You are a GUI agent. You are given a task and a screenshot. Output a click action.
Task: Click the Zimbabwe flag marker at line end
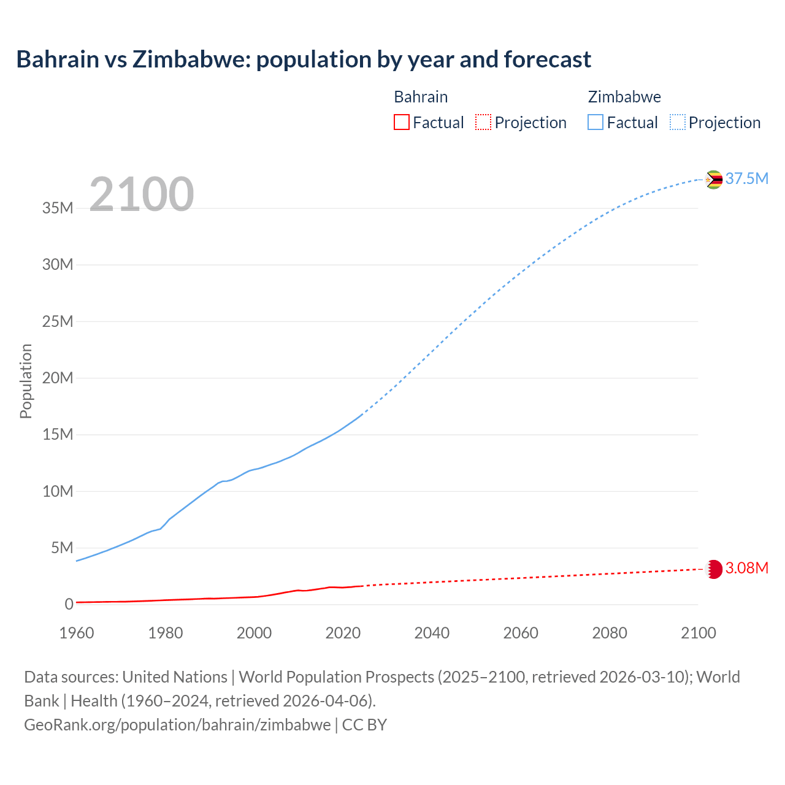[713, 180]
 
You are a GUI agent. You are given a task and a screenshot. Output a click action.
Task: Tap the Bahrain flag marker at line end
[714, 569]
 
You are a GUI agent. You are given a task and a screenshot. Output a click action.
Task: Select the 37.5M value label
[746, 178]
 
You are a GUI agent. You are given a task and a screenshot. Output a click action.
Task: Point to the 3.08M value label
[746, 568]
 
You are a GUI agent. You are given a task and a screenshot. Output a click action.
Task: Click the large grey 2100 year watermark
[142, 194]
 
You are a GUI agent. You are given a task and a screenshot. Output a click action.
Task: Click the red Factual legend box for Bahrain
[401, 123]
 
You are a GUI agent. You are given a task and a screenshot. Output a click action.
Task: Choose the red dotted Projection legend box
[483, 123]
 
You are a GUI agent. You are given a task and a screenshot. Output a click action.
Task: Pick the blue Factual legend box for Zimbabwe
[595, 123]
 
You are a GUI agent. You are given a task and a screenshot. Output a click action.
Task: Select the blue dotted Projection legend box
[677, 123]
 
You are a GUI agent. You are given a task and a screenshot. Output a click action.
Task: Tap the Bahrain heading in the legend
[421, 97]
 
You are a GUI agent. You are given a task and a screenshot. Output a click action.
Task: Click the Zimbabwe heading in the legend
[624, 97]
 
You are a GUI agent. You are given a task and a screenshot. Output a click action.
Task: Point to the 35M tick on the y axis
[58, 208]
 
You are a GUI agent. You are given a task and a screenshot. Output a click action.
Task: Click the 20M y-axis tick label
[58, 378]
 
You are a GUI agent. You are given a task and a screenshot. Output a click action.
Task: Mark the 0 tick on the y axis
[69, 604]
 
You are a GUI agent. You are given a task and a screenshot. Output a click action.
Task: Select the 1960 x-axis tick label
[77, 633]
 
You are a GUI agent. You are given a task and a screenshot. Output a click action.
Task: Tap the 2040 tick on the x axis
[432, 633]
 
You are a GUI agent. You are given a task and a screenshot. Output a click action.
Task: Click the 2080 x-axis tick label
[610, 633]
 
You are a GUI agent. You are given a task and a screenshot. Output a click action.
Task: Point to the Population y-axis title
[26, 381]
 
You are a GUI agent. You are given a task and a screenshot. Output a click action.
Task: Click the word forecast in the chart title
[547, 59]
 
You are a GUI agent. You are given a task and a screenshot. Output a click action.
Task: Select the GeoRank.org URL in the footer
[177, 724]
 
